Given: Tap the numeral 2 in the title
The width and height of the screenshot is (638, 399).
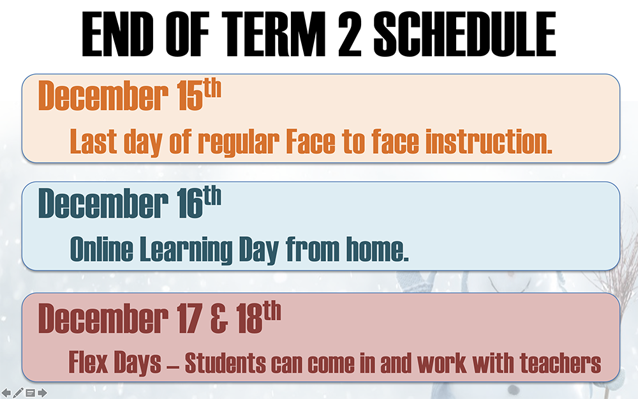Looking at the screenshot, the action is pyautogui.click(x=350, y=34).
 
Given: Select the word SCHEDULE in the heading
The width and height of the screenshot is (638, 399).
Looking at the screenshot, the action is pyautogui.click(x=464, y=34).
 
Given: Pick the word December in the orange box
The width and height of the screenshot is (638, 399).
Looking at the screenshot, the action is pyautogui.click(x=103, y=96).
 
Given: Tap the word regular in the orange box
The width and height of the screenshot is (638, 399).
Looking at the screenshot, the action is pyautogui.click(x=239, y=142).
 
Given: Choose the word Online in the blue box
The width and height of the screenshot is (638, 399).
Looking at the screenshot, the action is pyautogui.click(x=101, y=249).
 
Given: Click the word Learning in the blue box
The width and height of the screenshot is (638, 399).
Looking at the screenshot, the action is pyautogui.click(x=186, y=250).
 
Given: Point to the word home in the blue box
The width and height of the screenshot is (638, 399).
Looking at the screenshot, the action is pyautogui.click(x=377, y=249).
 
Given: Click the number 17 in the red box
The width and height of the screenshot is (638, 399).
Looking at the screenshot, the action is pyautogui.click(x=189, y=319).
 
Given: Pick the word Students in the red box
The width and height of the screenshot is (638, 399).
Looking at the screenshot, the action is pyautogui.click(x=225, y=363).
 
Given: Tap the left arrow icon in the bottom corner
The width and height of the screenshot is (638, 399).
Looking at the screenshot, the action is pyautogui.click(x=6, y=393).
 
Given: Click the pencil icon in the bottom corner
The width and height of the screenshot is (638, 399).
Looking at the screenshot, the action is pyautogui.click(x=19, y=393).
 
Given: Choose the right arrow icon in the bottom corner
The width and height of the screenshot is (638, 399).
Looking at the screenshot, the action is pyautogui.click(x=42, y=393).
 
